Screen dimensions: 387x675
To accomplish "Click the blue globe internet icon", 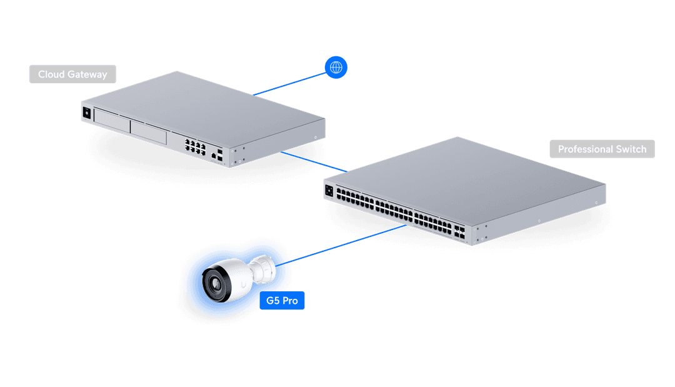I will click(336, 68).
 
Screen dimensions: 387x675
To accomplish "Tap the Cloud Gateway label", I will click(72, 74).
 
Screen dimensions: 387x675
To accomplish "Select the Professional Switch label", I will click(602, 149).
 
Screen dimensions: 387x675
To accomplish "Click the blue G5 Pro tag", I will click(282, 301).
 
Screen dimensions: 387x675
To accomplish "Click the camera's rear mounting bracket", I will click(266, 269).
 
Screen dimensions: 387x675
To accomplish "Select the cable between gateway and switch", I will click(314, 161).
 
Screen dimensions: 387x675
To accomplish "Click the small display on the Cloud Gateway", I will click(86, 113).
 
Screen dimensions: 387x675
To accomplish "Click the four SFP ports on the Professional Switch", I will click(461, 233).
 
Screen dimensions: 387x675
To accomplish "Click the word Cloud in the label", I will click(51, 74).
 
